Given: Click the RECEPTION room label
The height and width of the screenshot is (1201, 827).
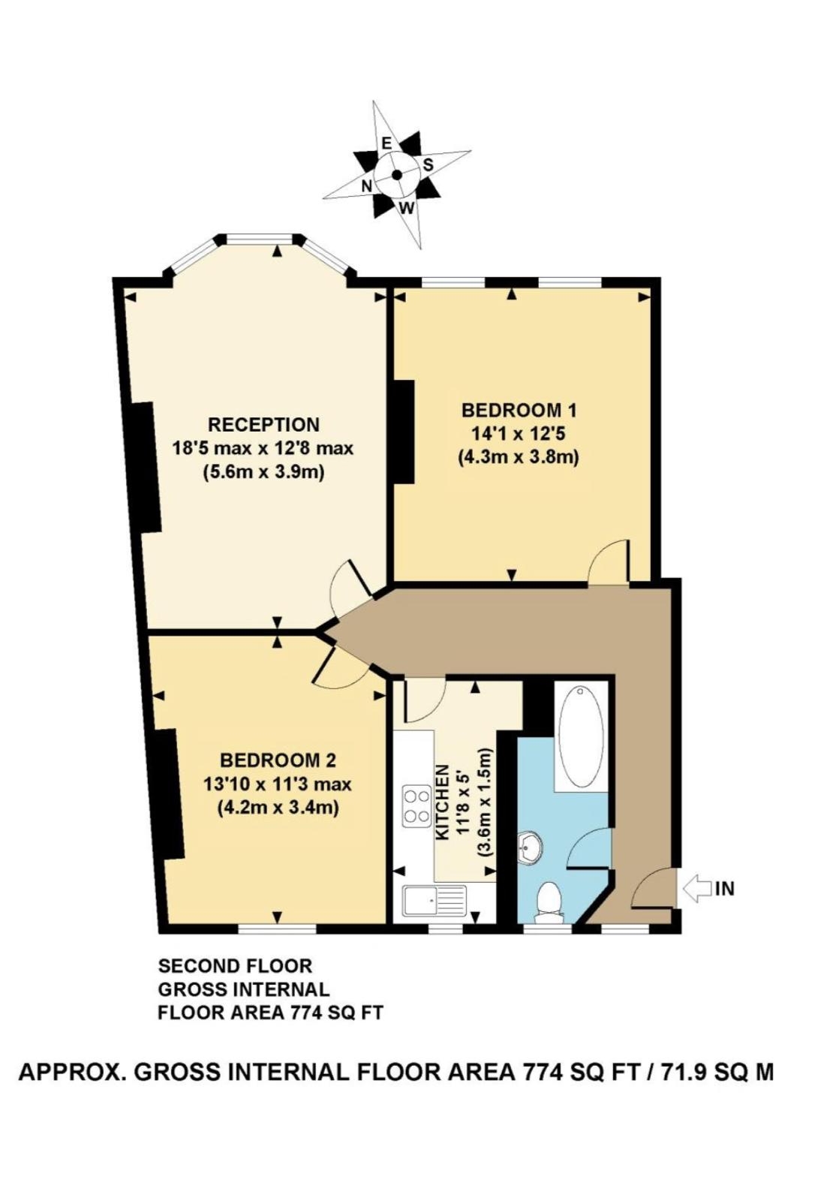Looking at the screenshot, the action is (263, 425).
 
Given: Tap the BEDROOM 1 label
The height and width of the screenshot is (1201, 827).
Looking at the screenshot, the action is (519, 411).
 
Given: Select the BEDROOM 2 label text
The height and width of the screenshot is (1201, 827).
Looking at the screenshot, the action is (278, 760).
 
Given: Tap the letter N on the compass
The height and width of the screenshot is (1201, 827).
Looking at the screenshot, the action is (367, 185).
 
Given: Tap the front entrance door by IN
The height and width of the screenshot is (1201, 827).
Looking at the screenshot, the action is (654, 889).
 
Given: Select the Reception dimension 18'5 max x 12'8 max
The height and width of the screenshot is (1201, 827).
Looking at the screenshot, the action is (263, 447).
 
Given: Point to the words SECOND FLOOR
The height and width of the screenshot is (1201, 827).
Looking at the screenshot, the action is (235, 966).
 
